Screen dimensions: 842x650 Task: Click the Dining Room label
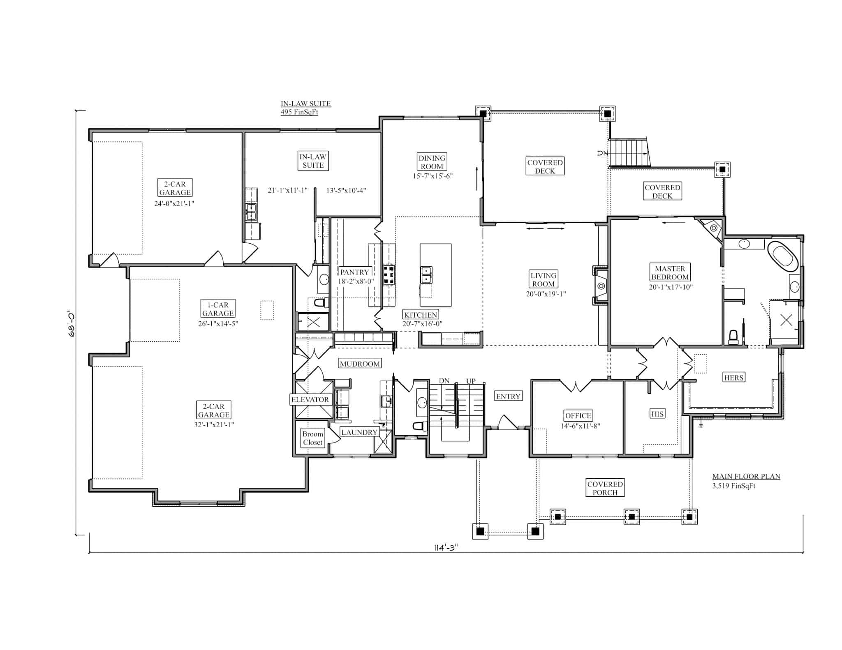point(432,162)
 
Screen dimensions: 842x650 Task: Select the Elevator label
point(310,399)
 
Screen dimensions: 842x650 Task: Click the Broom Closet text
point(313,438)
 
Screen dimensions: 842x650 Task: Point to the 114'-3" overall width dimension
point(446,548)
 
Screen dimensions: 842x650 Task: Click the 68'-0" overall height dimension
point(72,323)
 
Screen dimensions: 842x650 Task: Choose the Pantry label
point(354,272)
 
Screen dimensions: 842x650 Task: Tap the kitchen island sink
point(426,275)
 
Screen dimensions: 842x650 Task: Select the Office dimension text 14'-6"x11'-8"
point(581,426)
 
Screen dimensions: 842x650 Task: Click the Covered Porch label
point(605,488)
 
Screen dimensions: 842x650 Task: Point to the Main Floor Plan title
point(746,477)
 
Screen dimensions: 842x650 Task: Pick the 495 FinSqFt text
point(299,112)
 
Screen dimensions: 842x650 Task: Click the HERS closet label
point(734,378)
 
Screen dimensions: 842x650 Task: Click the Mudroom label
point(360,364)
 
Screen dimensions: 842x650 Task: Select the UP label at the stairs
point(471,381)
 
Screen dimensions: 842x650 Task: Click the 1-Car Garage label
point(218,309)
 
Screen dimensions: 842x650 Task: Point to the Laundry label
point(359,432)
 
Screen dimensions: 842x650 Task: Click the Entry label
point(508,396)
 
